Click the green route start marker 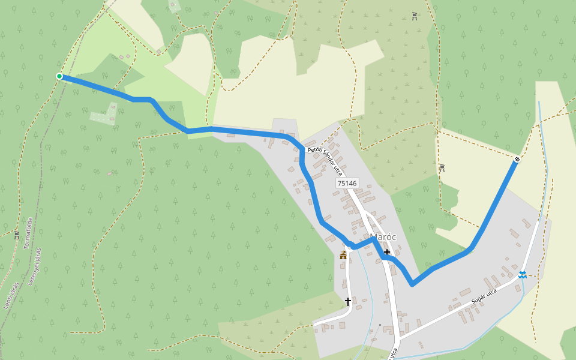(59, 76)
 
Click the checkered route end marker (517, 160)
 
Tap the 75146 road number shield (347, 184)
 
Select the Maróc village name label (383, 237)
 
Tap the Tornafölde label (28, 233)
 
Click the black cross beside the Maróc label (387, 252)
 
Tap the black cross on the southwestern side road (347, 301)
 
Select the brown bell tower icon (343, 256)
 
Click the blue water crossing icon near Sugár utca (523, 275)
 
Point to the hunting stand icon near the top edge (415, 16)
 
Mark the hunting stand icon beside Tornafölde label (17, 235)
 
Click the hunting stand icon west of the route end (442, 168)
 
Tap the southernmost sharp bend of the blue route (412, 284)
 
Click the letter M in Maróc (374, 237)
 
